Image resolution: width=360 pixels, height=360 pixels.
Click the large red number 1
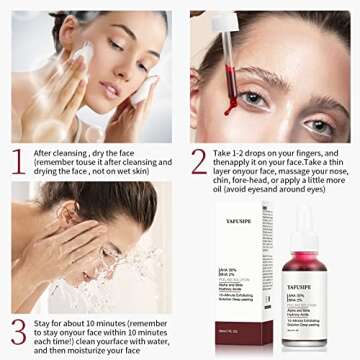[18, 160]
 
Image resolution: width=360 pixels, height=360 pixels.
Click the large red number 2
[198, 160]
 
